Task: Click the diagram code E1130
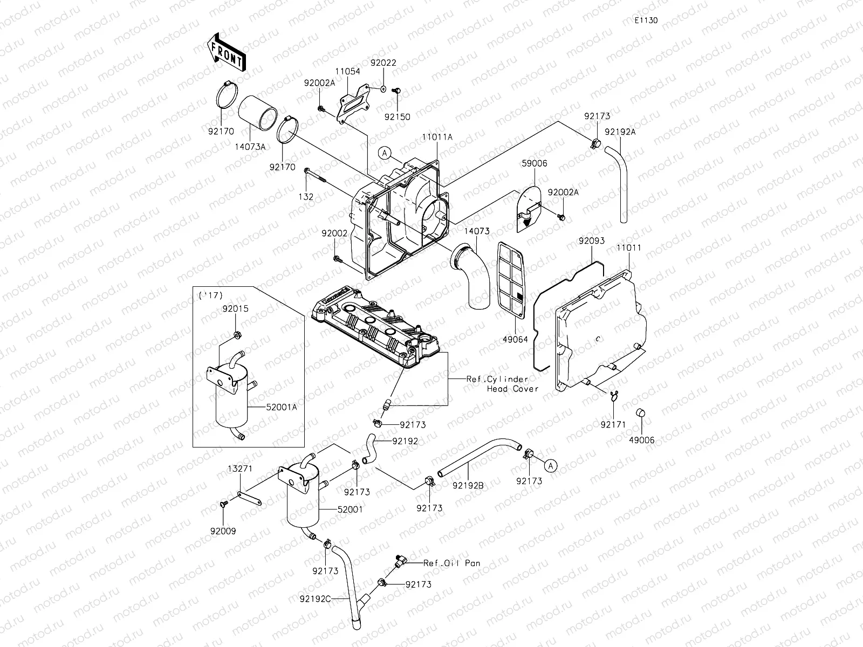pos(646,20)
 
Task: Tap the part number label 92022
pos(383,63)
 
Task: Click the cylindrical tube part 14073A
pos(258,116)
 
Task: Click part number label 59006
pos(534,163)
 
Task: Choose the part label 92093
pos(592,241)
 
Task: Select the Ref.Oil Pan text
pos(451,563)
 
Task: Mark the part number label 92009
pos(223,531)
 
